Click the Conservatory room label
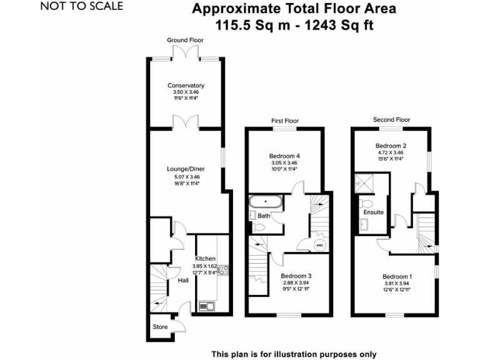[x=186, y=86]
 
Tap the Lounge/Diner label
[x=186, y=169]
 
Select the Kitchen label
[x=205, y=259]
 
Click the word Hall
[x=183, y=281]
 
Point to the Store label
[x=160, y=327]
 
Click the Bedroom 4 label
[x=284, y=156]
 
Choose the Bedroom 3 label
[x=296, y=276]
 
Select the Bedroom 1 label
[x=397, y=276]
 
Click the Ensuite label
[x=374, y=212]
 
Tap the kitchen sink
[x=206, y=306]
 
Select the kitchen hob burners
[x=223, y=271]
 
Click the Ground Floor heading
[x=186, y=40]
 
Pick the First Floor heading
[x=285, y=121]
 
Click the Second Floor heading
[x=391, y=119]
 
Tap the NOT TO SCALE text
[x=82, y=7]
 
